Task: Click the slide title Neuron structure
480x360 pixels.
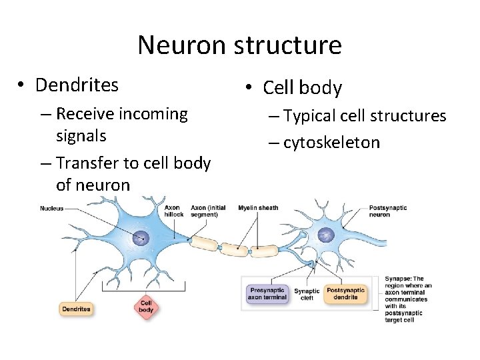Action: pyautogui.click(x=239, y=45)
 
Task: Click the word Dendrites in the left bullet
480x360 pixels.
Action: pyautogui.click(x=77, y=85)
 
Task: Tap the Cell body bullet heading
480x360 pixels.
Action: pyautogui.click(x=302, y=88)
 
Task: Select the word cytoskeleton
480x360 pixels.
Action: pyautogui.click(x=331, y=143)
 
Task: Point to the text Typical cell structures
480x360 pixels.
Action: pyautogui.click(x=365, y=116)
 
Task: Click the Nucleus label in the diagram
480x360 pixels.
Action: pyautogui.click(x=51, y=209)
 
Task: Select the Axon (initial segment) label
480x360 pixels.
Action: pyautogui.click(x=207, y=211)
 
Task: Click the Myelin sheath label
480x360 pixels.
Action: pyautogui.click(x=258, y=208)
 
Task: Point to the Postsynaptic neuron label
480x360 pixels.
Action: pyautogui.click(x=389, y=211)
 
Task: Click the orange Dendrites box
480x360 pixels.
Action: pyautogui.click(x=76, y=309)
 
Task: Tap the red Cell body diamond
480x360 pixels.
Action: pyautogui.click(x=146, y=307)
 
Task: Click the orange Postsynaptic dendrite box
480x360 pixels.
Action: pyautogui.click(x=345, y=294)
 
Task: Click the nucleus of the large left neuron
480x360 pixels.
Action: pyautogui.click(x=141, y=237)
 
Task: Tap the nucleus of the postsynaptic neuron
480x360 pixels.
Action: pyautogui.click(x=326, y=234)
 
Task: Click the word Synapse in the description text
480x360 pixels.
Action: pyautogui.click(x=398, y=279)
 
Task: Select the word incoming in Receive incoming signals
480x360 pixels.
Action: pyautogui.click(x=153, y=114)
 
